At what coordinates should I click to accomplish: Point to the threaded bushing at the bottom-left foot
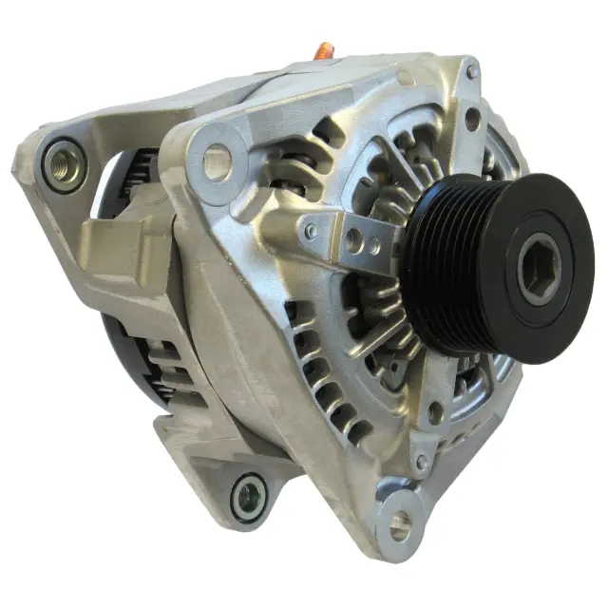(248, 495)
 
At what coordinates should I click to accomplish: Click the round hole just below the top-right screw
(473, 119)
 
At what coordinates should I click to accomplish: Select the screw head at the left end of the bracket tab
(311, 230)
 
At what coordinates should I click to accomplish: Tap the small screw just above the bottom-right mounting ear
(421, 462)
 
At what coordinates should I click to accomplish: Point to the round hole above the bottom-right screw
(435, 413)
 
